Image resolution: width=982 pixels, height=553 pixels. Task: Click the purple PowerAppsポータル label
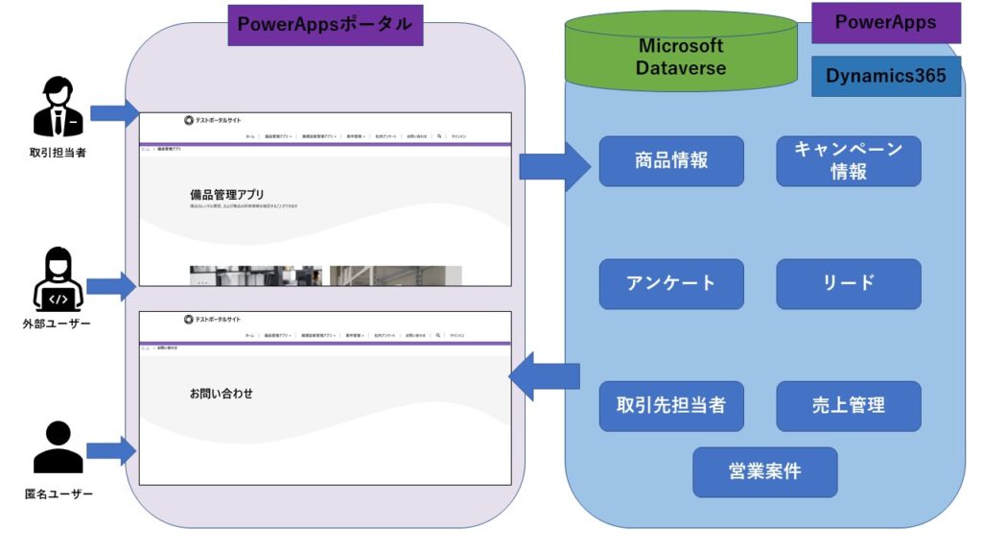(325, 24)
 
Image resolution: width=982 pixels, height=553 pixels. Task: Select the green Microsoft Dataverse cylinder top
(681, 57)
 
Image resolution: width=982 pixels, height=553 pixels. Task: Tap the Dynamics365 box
(885, 77)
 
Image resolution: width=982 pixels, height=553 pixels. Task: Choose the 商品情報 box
(671, 160)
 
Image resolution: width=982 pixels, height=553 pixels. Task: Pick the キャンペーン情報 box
(848, 160)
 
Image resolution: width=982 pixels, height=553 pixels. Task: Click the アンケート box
(671, 283)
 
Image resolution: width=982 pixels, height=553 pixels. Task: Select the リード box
(848, 283)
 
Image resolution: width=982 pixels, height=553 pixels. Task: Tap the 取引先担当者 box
(671, 405)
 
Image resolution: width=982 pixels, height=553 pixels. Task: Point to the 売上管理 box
(848, 405)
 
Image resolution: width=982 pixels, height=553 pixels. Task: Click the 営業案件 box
(764, 471)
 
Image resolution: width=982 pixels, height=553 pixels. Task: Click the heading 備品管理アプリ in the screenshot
(226, 195)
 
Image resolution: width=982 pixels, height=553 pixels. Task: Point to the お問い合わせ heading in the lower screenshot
(222, 393)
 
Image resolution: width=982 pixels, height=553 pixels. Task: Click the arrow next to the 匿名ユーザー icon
(112, 450)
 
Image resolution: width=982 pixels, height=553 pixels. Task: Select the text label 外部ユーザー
(58, 324)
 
